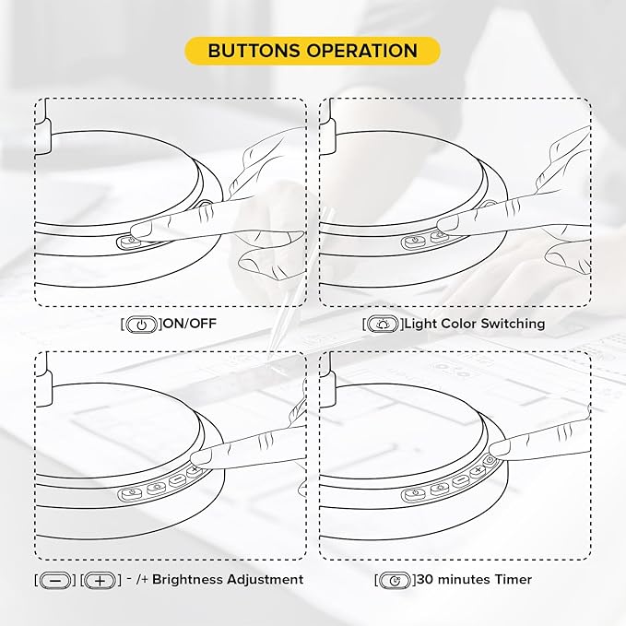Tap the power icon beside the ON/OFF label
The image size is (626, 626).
click(141, 325)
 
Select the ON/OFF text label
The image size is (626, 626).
click(190, 323)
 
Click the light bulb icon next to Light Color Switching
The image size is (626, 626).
click(383, 324)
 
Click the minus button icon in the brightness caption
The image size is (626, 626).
click(55, 580)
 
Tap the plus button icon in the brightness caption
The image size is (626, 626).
click(100, 580)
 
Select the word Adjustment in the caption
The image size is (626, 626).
click(263, 580)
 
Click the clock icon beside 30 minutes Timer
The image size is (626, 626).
click(395, 580)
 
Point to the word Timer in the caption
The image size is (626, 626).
click(513, 579)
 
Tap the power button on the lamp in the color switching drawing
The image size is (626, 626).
click(412, 242)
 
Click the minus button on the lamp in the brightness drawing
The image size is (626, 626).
click(177, 480)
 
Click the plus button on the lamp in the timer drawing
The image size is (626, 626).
click(477, 472)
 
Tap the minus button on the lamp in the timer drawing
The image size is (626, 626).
click(461, 480)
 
